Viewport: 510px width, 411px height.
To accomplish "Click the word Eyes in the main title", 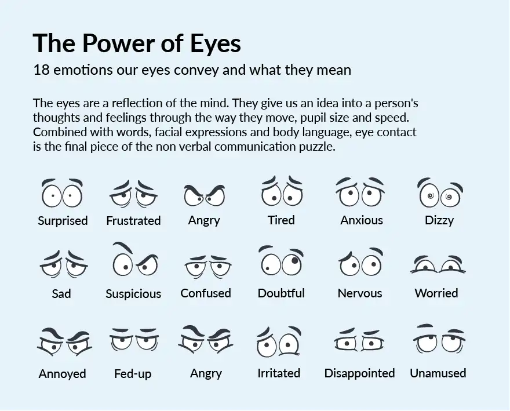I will tap(213, 44).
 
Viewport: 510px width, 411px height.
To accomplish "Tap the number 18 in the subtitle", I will tap(41, 71).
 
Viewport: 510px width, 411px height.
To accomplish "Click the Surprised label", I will tap(63, 221).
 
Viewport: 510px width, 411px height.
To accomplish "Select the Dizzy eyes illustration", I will tap(439, 194).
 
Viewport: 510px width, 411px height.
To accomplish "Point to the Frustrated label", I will tap(133, 221).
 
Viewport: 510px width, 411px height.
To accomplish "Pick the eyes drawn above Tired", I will tap(281, 192).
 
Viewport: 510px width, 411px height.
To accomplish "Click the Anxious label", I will tap(362, 220).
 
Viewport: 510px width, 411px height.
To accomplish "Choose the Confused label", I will tap(206, 293).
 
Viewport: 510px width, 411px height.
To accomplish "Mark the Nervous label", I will tap(360, 293).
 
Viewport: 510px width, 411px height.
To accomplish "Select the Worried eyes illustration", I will tap(438, 264).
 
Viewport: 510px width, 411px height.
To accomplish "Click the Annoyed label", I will tap(63, 374).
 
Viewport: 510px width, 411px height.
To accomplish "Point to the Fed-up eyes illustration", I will tap(133, 340).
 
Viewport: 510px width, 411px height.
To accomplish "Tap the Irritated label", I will tap(279, 373).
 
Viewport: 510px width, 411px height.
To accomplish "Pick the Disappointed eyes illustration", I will tap(359, 341).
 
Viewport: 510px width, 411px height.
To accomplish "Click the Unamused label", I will tap(438, 373).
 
